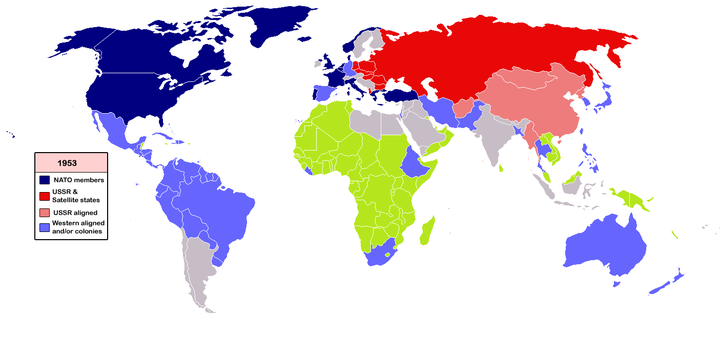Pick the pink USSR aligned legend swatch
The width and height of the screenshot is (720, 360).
43,213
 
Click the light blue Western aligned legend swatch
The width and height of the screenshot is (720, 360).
43,229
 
